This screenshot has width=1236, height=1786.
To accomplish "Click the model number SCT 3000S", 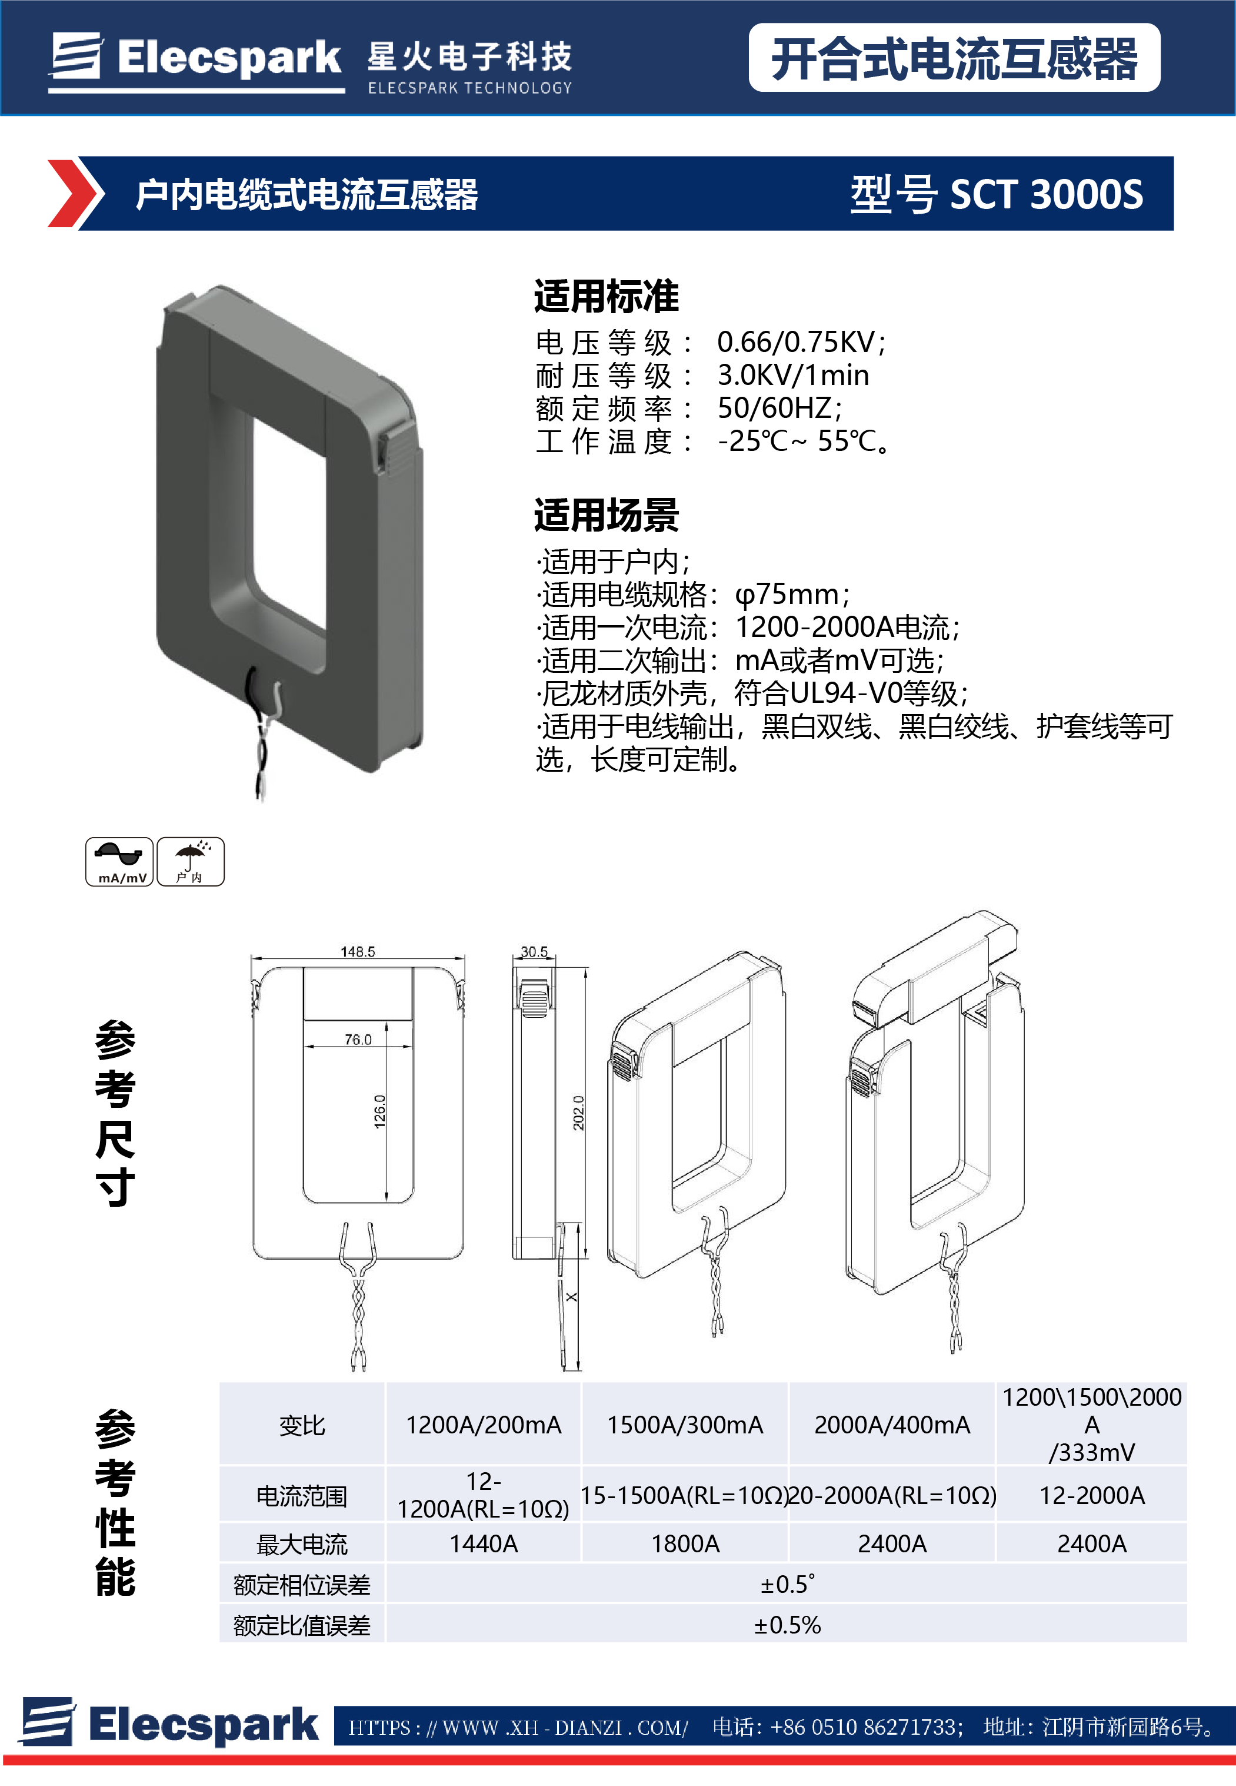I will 1045,194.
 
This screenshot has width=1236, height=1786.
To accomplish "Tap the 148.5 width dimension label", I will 358,951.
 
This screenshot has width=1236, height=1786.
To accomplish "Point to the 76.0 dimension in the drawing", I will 358,1040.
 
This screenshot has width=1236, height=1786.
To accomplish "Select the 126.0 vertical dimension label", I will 380,1111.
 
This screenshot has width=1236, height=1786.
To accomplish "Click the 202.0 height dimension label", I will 578,1112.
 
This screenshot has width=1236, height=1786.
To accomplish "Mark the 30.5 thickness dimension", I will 534,951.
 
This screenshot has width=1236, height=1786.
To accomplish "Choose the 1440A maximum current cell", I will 483,1543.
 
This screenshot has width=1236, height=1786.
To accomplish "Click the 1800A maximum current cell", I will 685,1543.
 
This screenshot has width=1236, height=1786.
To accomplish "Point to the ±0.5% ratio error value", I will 787,1625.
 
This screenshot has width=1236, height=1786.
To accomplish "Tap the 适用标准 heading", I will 607,297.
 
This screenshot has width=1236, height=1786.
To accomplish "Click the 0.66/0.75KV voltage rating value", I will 801,341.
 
